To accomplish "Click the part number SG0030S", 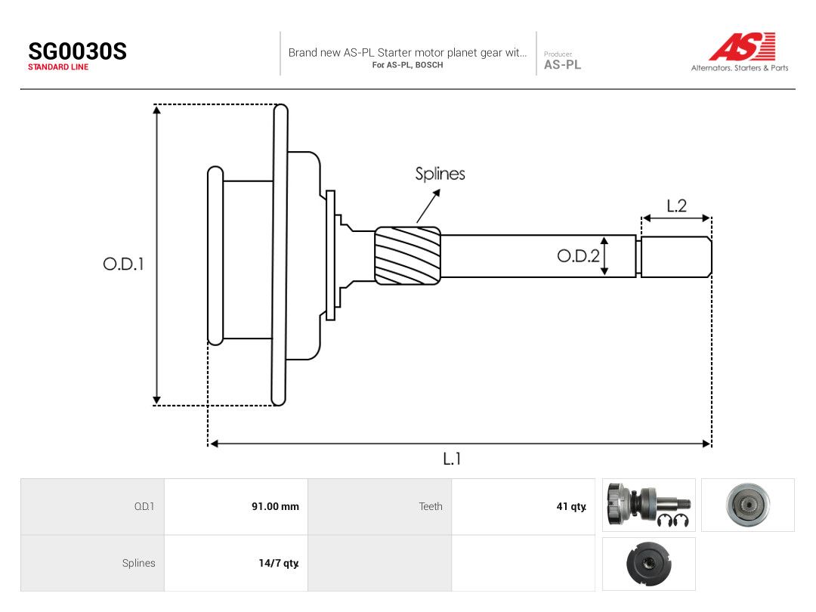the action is tap(78, 51).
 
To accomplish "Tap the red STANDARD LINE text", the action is tap(58, 67).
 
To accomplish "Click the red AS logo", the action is tap(742, 46).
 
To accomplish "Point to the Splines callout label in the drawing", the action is tap(440, 174).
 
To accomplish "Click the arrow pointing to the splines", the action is tap(428, 206).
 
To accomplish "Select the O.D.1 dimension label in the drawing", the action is tap(123, 264).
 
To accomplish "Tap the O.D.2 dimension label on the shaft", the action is tap(578, 255).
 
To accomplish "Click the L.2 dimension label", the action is tap(676, 206).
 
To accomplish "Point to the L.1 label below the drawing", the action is tap(452, 459).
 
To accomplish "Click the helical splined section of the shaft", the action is tap(408, 255).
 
